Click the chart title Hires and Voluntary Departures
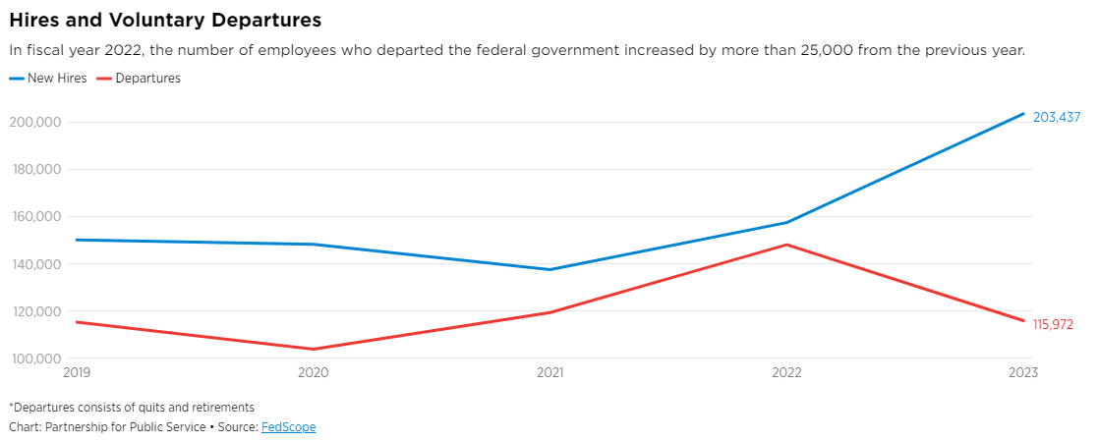point(165,19)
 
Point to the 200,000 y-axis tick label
point(35,122)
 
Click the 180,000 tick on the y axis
point(35,169)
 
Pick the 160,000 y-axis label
point(35,217)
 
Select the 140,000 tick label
point(35,264)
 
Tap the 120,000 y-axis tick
point(35,311)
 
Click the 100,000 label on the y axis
point(35,358)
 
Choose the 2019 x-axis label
point(77,373)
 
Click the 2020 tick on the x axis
point(313,373)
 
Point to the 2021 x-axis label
point(549,373)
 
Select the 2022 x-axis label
point(786,373)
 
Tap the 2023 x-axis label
point(1021,373)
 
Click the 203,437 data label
point(1056,117)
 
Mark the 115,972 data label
point(1053,324)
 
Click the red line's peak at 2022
point(786,245)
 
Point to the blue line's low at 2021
point(549,269)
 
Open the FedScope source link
point(288,427)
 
